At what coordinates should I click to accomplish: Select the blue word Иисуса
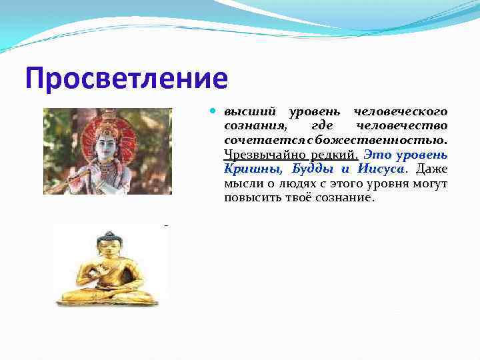380,169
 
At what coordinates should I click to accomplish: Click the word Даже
431,169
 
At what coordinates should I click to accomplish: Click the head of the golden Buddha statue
106,243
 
